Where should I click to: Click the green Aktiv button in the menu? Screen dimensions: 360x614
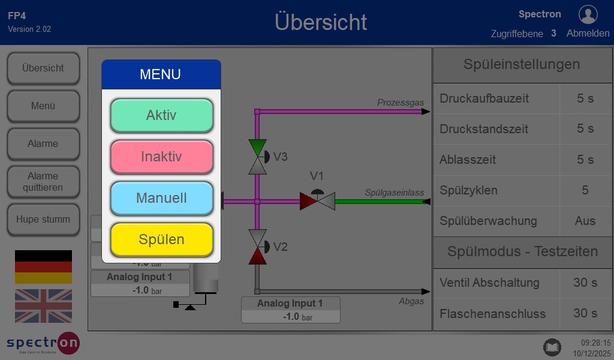click(x=161, y=115)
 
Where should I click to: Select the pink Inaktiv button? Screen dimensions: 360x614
click(x=161, y=157)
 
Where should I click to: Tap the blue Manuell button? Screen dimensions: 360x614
click(x=161, y=198)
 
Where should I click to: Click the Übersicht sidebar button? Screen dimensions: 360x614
click(x=43, y=68)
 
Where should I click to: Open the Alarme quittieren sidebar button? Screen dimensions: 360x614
click(x=43, y=182)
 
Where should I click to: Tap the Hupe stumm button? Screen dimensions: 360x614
click(x=43, y=220)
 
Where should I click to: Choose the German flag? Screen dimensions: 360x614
click(x=43, y=267)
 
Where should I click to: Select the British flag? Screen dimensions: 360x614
click(x=43, y=306)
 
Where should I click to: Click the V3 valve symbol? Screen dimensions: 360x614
click(x=258, y=157)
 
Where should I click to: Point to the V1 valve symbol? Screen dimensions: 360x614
click(x=317, y=200)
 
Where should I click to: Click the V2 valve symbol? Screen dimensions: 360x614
click(x=258, y=247)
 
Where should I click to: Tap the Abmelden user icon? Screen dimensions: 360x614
click(x=588, y=14)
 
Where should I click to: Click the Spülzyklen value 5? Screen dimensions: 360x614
click(x=585, y=190)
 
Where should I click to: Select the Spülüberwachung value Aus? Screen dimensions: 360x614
click(x=585, y=221)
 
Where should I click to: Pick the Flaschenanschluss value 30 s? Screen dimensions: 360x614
click(x=585, y=313)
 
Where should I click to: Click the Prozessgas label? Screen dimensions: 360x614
click(x=401, y=103)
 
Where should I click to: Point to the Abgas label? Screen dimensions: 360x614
click(x=411, y=301)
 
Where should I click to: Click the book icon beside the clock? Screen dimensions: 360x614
click(x=552, y=347)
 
